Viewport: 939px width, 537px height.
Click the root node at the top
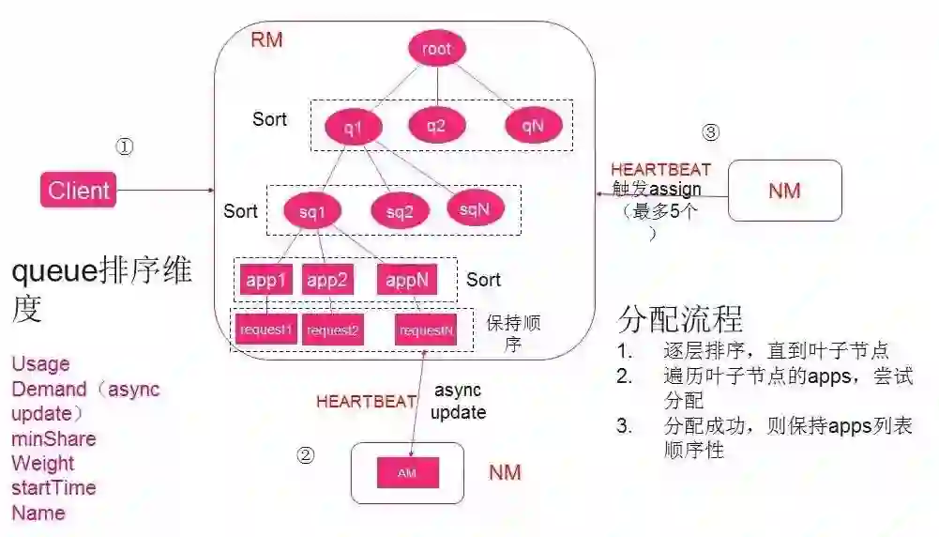(437, 50)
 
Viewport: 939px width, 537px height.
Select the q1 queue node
(347, 127)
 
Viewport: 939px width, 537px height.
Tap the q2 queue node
(436, 125)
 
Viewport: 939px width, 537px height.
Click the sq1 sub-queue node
(312, 211)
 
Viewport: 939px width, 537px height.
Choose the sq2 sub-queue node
(399, 211)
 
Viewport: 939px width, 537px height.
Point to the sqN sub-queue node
(475, 208)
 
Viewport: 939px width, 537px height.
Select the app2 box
(327, 279)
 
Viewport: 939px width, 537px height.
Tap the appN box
(408, 279)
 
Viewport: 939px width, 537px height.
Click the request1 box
(266, 330)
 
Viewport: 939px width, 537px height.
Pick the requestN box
(426, 330)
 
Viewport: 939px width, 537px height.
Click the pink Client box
(79, 191)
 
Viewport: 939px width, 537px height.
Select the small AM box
(407, 472)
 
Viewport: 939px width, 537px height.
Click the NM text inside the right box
(784, 191)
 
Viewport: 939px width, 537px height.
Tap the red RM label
(266, 40)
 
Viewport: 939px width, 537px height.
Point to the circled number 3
(710, 133)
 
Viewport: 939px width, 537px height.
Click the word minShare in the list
(53, 438)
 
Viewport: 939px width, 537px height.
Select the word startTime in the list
(53, 488)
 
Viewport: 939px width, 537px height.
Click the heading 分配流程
(680, 319)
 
